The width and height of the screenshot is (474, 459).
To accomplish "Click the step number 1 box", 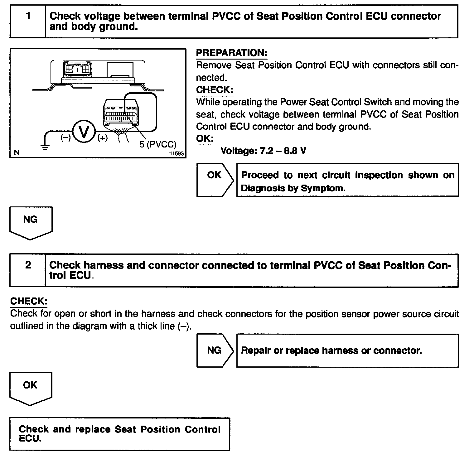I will pos(28,21).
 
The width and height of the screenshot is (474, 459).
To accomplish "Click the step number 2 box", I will pos(28,270).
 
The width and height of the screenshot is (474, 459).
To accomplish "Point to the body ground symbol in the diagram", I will pos(46,147).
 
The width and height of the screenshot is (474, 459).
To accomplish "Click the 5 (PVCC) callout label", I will pos(157,145).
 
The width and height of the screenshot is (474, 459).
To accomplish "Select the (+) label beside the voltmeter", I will pos(102,138).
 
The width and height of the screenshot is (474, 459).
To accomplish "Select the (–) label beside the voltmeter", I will pos(65,138).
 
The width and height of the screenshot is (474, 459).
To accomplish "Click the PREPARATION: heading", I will pos(231,53).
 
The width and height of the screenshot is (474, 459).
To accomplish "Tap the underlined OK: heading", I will pos(205,138).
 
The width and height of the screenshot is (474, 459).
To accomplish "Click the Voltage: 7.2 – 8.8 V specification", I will pos(263,151).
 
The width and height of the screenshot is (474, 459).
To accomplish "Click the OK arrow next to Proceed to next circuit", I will pos(215,180).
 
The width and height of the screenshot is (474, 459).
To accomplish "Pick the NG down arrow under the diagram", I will pos(31,222).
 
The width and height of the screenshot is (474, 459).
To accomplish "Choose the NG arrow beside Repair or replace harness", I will pos(215,350).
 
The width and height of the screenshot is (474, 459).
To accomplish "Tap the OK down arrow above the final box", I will pos(30,388).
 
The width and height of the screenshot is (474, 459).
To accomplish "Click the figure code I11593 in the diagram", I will pos(176,154).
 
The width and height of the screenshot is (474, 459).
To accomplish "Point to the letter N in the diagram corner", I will pos(17,152).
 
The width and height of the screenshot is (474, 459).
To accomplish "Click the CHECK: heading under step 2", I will pos(29,301).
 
